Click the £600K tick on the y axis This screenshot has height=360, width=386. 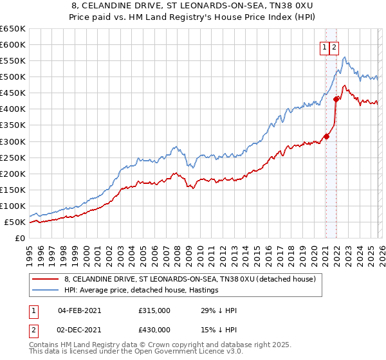click(13, 44)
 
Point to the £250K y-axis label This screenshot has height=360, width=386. click(13, 157)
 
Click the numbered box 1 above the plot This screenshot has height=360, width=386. click(326, 46)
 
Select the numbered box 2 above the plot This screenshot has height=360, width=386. click(335, 46)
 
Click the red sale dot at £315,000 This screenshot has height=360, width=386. click(326, 136)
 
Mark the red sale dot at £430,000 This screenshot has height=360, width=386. click(336, 99)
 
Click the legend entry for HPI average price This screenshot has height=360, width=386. click(141, 290)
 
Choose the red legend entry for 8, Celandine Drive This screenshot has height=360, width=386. click(189, 279)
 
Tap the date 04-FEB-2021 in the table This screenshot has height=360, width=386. click(79, 310)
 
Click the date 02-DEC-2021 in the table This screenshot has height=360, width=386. click(79, 329)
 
